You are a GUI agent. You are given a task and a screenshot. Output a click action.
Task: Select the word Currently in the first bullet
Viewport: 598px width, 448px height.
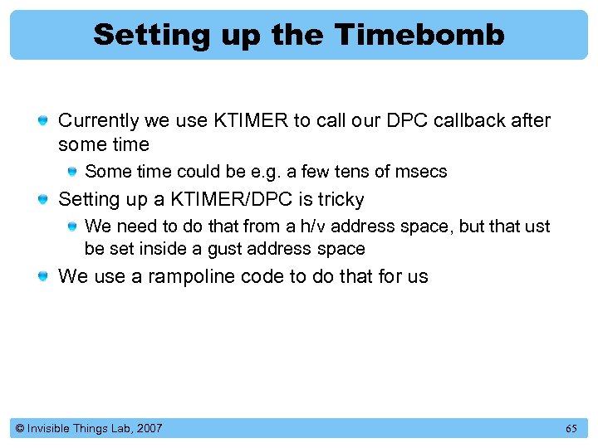point(98,121)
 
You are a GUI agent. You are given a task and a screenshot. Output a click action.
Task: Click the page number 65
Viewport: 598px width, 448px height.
point(571,429)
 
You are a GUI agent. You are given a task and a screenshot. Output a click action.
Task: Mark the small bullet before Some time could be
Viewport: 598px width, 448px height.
point(73,173)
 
